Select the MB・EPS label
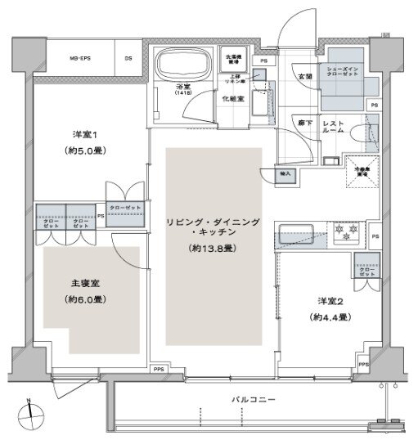pyautogui.click(x=79, y=57)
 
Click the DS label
pyautogui.click(x=128, y=57)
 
